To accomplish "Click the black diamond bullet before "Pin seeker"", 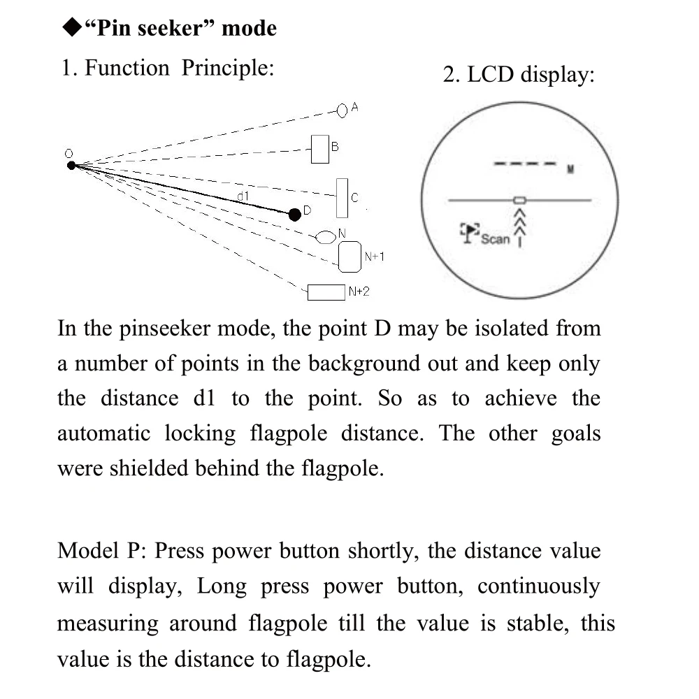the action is (72, 27).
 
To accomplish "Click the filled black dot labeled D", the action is (295, 215).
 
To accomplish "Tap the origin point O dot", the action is (71, 166).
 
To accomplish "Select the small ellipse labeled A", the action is (342, 110).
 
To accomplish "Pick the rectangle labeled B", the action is (320, 150).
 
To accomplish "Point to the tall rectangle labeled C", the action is (342, 198).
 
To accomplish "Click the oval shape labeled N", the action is (326, 237).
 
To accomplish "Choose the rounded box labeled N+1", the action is (349, 257).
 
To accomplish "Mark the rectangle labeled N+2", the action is (326, 292).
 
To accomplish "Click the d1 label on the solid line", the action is (243, 196).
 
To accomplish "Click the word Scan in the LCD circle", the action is (496, 239).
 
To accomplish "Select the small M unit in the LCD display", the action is (570, 169).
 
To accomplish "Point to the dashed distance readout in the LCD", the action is (525, 164).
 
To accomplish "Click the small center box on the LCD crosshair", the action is (520, 200).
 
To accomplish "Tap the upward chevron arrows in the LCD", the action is (520, 228).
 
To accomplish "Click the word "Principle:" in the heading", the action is (228, 69).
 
